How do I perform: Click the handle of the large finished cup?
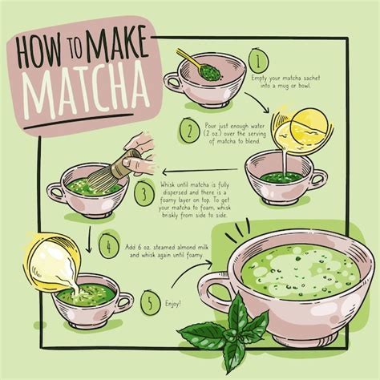tap(216, 288)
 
